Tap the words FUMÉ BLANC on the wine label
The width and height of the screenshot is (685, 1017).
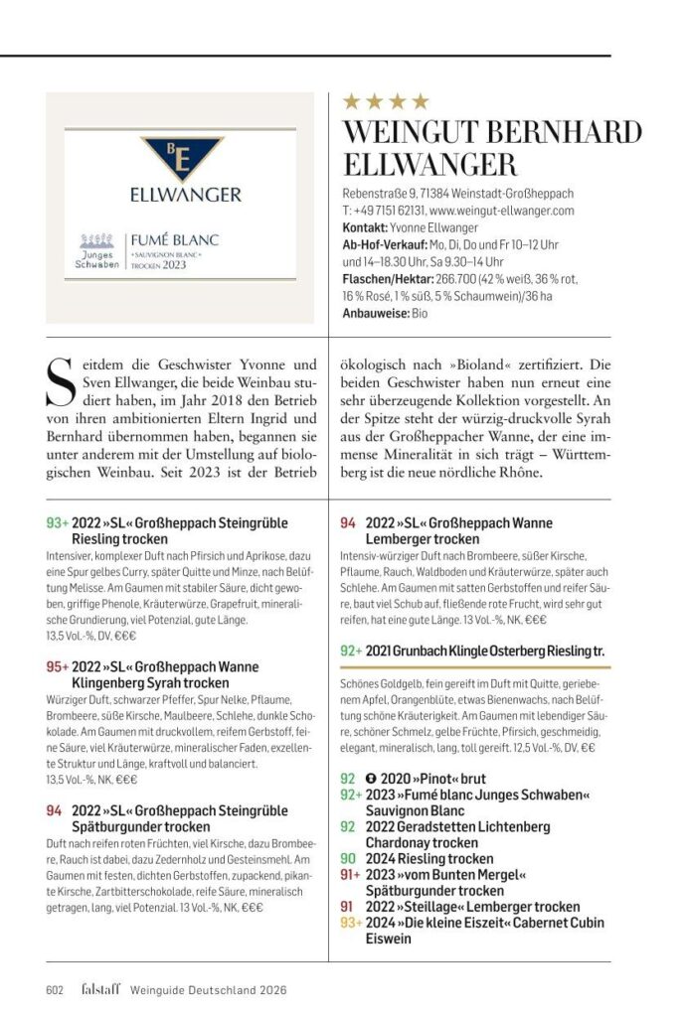pos(175,240)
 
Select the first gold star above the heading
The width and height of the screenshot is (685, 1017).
pos(350,101)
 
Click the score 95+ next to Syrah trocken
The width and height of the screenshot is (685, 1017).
pos(57,667)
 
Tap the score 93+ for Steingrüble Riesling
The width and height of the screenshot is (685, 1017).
pos(57,522)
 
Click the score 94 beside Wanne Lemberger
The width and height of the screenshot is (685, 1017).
pos(348,522)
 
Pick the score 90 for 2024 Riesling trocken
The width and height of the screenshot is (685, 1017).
pos(348,858)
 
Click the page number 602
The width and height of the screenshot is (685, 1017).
pos(55,989)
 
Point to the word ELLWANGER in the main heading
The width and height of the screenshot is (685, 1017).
pos(429,164)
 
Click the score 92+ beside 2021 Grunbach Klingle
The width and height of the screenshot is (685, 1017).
pos(351,651)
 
